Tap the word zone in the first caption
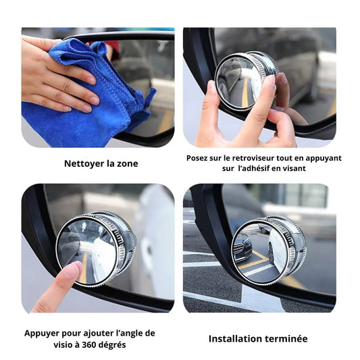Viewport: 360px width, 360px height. click(x=128, y=163)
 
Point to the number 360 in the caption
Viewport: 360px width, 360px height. click(x=90, y=344)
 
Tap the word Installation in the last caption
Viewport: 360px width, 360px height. click(x=235, y=338)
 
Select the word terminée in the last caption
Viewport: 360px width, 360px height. click(x=286, y=338)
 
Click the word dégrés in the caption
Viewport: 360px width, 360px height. click(x=113, y=345)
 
